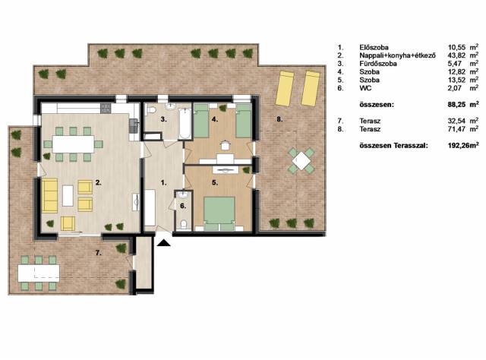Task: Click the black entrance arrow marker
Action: point(164,242)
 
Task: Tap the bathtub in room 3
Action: point(185,123)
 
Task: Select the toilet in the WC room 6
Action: point(184,224)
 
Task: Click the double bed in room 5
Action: point(219,213)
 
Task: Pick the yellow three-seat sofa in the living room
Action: point(49,195)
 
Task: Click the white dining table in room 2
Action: point(73,144)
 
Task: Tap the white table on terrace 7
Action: point(39,273)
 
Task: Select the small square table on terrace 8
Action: point(301,160)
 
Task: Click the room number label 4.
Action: point(215,119)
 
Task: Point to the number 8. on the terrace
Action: point(279,119)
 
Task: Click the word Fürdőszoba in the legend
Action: point(378,64)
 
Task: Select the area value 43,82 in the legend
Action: point(456,55)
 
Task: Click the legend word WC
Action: point(365,88)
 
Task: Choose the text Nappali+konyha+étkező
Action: point(398,55)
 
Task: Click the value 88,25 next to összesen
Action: point(456,105)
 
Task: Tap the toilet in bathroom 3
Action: point(151,110)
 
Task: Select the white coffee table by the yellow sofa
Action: point(68,196)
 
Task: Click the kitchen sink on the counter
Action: point(134,124)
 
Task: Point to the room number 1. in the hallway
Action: point(164,183)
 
